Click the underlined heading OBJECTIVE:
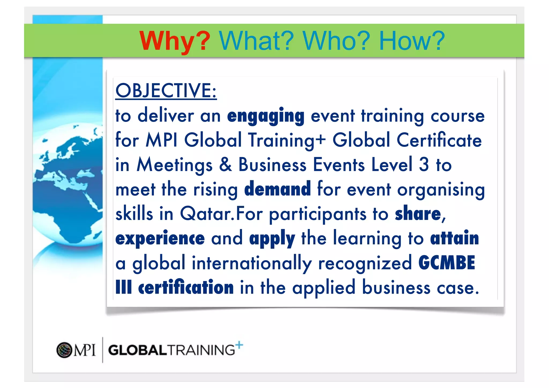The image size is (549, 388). click(x=166, y=91)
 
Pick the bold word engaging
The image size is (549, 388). click(x=266, y=116)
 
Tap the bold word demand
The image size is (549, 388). click(x=277, y=189)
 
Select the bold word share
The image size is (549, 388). click(x=418, y=214)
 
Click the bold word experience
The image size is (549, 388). click(x=160, y=238)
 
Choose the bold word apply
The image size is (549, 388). click(x=272, y=239)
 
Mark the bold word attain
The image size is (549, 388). click(x=454, y=238)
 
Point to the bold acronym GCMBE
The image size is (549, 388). click(x=447, y=263)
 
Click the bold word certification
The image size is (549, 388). click(x=186, y=287)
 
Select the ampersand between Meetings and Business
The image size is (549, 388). click(x=225, y=165)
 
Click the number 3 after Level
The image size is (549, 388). click(x=424, y=165)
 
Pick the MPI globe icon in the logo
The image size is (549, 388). click(x=64, y=350)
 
